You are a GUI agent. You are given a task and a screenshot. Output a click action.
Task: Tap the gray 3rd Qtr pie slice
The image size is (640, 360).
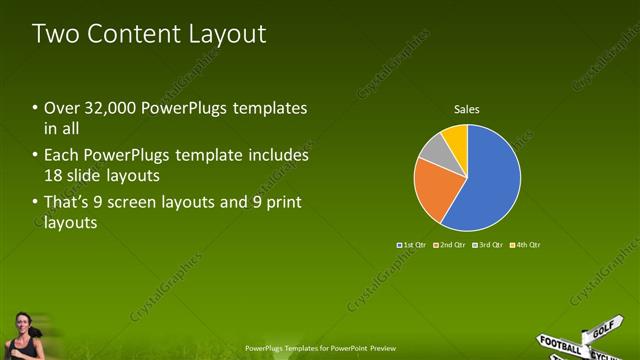click(x=435, y=149)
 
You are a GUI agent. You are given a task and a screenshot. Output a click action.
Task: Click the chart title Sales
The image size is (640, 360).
click(x=467, y=108)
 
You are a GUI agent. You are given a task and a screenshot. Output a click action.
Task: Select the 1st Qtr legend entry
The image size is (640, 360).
click(x=412, y=244)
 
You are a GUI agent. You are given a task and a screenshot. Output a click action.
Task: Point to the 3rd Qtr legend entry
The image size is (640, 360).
click(x=488, y=244)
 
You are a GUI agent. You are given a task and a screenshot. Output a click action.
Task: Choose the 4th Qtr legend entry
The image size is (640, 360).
click(x=526, y=244)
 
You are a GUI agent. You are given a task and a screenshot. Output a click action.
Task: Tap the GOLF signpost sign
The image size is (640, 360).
click(x=603, y=327)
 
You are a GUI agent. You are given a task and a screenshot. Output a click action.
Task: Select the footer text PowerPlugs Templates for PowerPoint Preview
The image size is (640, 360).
click(x=320, y=349)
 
